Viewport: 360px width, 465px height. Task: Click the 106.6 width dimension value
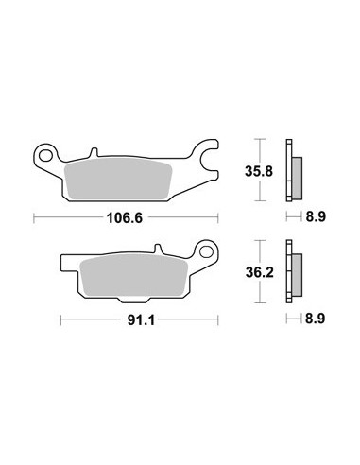tap(125, 217)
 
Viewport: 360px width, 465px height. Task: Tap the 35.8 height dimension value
tap(259, 172)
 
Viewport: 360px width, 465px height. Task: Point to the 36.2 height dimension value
tap(260, 272)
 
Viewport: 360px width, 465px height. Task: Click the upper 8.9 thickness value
tap(316, 216)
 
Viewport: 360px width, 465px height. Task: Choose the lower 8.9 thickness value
tap(316, 319)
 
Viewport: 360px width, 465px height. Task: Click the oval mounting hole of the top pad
tap(45, 156)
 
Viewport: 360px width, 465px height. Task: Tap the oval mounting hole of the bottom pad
tap(206, 251)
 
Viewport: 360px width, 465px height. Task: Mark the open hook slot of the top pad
tap(211, 159)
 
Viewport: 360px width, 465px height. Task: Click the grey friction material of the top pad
tap(118, 179)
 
